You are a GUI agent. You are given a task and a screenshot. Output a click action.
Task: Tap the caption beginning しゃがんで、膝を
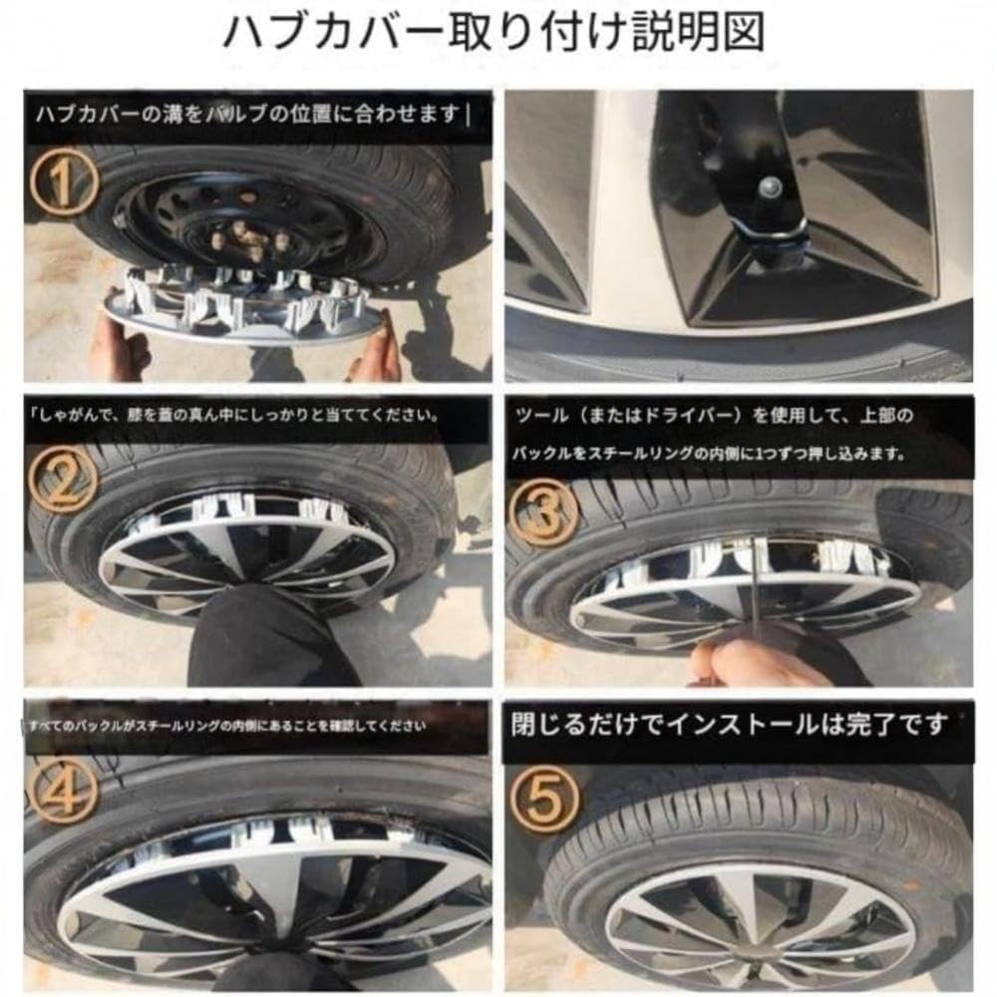[x=234, y=414]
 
